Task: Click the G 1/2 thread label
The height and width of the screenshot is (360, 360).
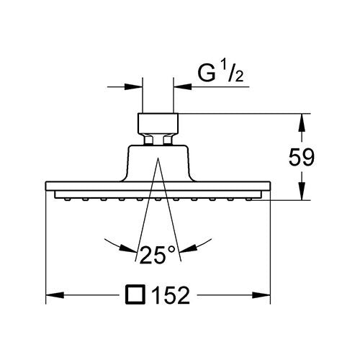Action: click(220, 73)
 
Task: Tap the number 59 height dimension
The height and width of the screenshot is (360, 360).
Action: click(302, 158)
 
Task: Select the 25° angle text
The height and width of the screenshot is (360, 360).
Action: click(158, 255)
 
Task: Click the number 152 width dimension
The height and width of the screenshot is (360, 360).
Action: click(171, 295)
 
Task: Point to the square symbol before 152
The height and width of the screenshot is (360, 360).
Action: click(135, 294)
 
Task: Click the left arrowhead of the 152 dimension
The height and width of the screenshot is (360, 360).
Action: click(55, 295)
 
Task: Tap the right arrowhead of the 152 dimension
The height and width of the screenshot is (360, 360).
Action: click(261, 295)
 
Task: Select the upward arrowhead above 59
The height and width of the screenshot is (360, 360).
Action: click(302, 122)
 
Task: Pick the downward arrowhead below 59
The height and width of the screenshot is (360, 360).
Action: click(302, 191)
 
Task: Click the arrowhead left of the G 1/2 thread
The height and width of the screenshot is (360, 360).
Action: click(134, 86)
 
